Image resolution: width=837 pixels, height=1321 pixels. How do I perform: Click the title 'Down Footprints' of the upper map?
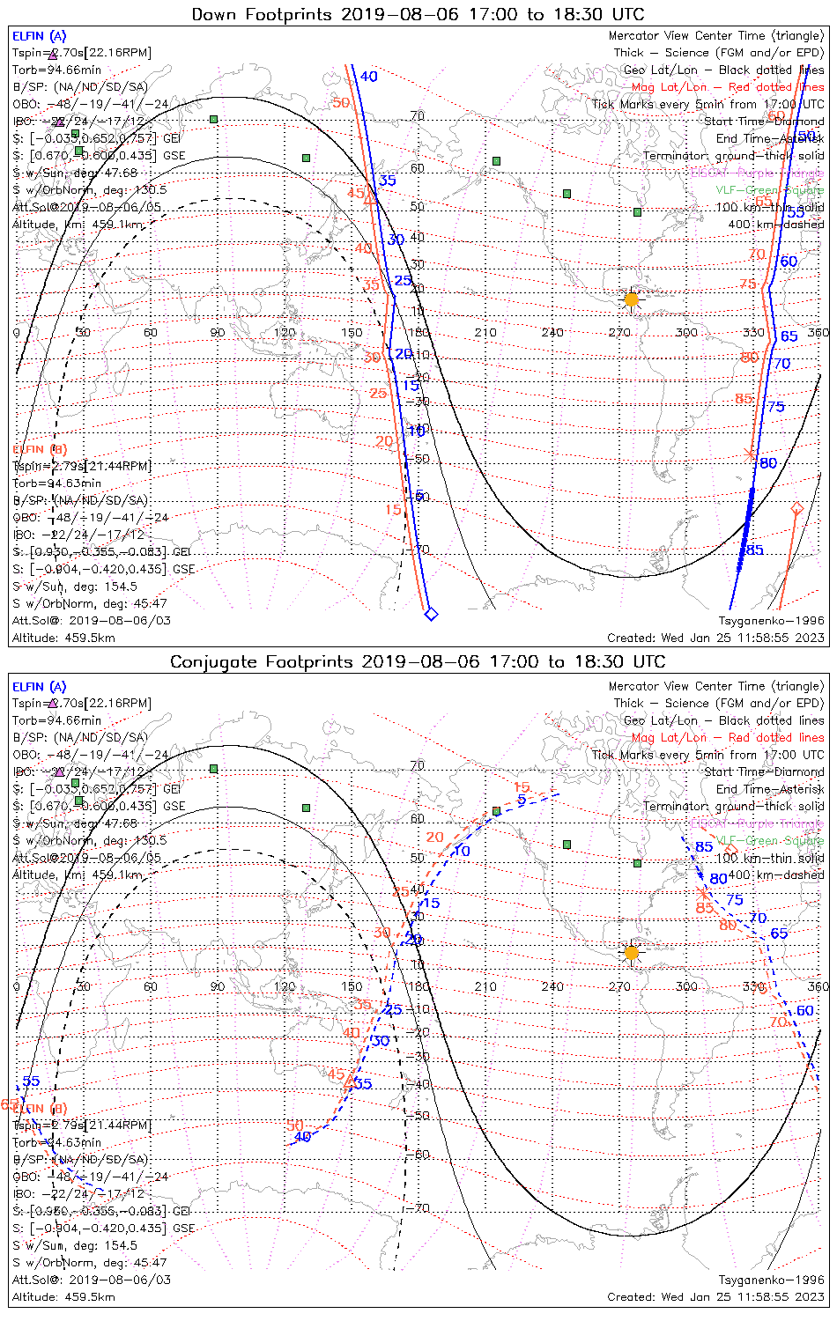tap(262, 14)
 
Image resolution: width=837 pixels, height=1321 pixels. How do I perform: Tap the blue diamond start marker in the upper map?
tap(431, 614)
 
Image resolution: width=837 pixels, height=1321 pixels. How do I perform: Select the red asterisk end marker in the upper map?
tap(750, 454)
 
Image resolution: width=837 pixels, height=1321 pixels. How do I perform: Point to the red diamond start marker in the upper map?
tap(796, 508)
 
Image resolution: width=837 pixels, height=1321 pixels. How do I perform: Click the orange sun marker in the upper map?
tap(632, 299)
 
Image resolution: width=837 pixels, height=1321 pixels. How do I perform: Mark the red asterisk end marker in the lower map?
tap(702, 893)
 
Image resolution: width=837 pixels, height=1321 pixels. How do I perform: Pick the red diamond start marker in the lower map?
tap(730, 850)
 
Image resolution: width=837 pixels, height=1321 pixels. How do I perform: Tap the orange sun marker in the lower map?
tap(632, 952)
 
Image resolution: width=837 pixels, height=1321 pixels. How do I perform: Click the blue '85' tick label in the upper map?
tap(755, 550)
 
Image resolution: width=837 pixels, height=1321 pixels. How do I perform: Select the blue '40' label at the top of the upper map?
tap(369, 77)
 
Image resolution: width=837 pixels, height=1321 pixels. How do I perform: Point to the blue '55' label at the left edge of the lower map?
tap(32, 1081)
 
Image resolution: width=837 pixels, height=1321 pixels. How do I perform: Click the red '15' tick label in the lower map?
tap(522, 787)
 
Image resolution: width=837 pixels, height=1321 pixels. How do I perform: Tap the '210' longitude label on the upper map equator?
tap(485, 332)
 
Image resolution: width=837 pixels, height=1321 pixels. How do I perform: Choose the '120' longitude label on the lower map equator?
tap(285, 986)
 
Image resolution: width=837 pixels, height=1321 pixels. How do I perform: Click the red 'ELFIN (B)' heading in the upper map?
tap(40, 449)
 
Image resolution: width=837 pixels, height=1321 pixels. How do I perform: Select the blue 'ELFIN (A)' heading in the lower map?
tap(40, 687)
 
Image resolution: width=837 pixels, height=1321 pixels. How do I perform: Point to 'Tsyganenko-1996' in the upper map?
tap(771, 621)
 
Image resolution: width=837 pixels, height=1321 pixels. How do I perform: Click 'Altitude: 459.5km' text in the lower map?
tap(63, 1297)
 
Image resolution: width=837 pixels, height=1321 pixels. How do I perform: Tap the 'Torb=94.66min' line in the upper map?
tap(56, 70)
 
